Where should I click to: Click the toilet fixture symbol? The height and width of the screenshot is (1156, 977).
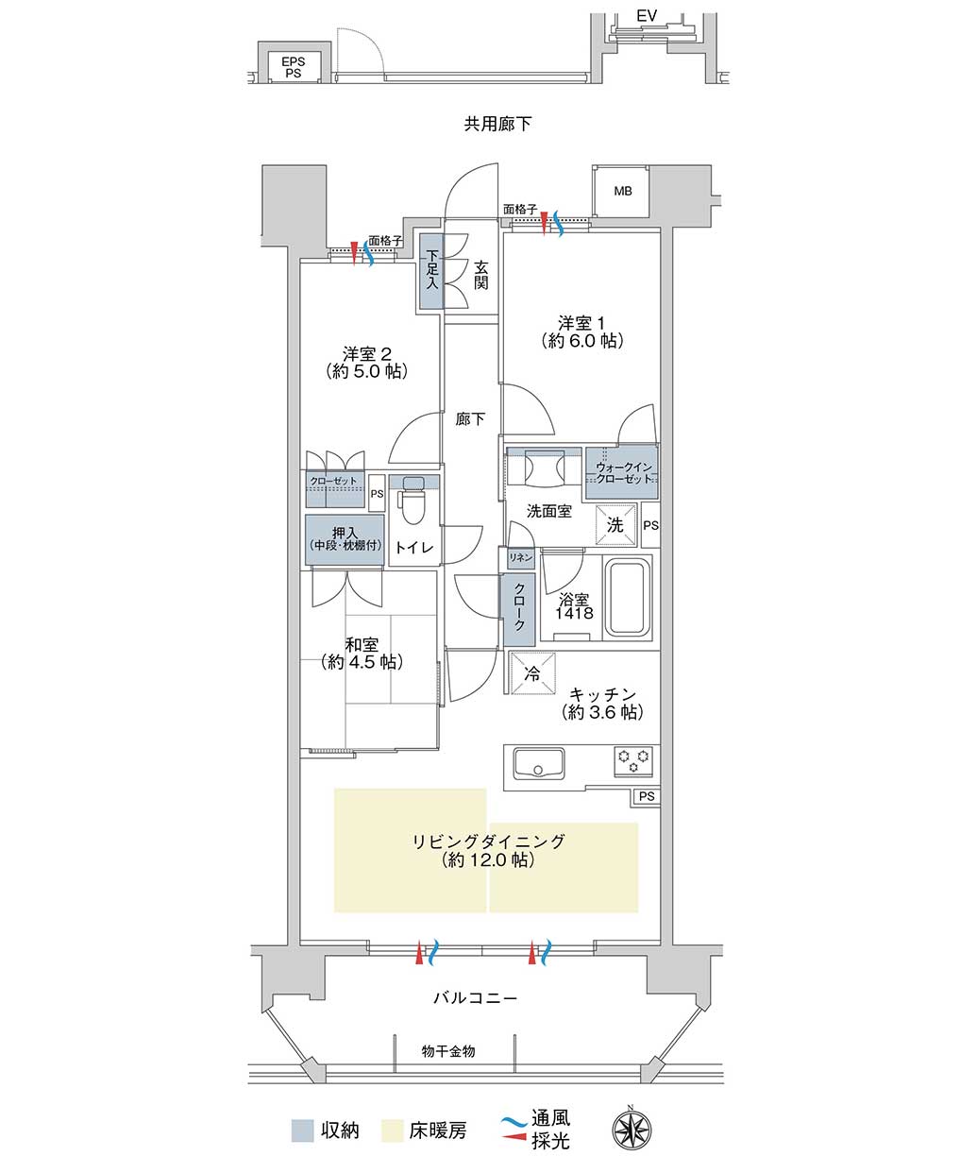(413, 500)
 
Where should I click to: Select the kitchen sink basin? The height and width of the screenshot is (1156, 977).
(538, 763)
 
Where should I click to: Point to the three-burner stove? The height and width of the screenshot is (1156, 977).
(633, 761)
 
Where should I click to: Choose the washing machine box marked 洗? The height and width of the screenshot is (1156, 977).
(615, 524)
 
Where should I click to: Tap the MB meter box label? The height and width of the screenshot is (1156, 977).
(623, 192)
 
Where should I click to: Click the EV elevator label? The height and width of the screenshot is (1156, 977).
(647, 16)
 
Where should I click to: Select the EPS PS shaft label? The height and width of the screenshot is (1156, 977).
(293, 67)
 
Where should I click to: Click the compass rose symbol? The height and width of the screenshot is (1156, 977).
(632, 1127)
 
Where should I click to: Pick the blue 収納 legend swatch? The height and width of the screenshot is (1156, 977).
(302, 1130)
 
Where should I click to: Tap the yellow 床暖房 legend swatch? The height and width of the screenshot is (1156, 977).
(393, 1130)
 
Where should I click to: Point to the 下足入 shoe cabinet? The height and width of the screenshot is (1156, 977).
(431, 271)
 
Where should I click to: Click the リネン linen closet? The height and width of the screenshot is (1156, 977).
(520, 557)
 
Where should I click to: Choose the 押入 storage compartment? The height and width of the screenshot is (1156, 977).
(345, 539)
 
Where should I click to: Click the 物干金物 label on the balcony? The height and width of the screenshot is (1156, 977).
(448, 1051)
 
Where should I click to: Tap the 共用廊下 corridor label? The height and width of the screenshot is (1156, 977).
(497, 124)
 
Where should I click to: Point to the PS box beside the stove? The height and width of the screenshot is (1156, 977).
(646, 796)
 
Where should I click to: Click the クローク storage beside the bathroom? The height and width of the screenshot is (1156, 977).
(519, 609)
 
